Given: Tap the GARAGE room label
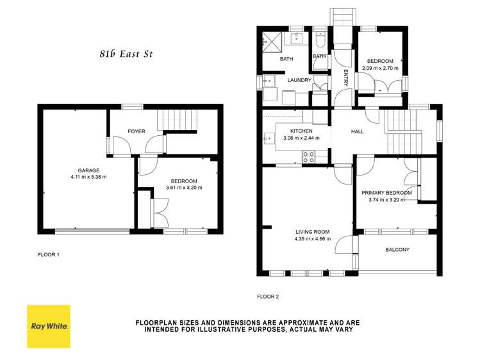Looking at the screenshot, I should point(88,170).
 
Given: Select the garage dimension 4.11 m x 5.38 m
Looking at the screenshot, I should point(88,177).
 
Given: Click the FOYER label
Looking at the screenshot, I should point(136,131).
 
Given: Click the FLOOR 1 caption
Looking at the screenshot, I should point(49,254).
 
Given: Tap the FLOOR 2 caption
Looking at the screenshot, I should point(268,297).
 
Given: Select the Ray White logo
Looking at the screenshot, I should point(49,326).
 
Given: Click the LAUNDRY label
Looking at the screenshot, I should point(299,80).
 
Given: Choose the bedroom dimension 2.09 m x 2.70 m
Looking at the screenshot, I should point(380,68).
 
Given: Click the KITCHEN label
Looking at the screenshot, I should point(301,131).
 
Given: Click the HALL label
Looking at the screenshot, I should point(357,131).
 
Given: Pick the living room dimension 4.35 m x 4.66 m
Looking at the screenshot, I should point(312,239).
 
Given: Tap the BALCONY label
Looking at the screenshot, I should point(397,250).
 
